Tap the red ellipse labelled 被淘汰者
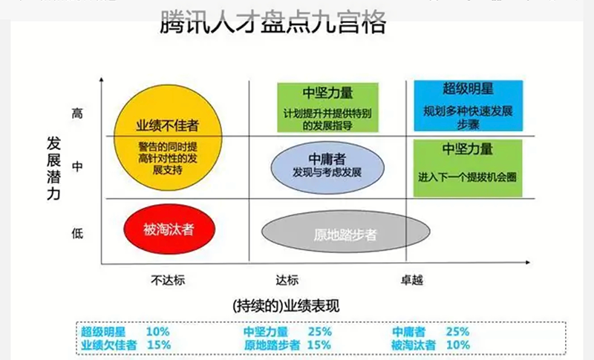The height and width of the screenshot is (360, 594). pyautogui.click(x=169, y=229)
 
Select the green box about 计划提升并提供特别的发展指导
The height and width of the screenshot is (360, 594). pyautogui.click(x=327, y=108)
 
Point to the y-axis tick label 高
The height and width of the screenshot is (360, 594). pyautogui.click(x=77, y=114)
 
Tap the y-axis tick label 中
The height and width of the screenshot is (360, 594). pyautogui.click(x=77, y=167)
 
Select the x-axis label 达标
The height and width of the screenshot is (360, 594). pyautogui.click(x=286, y=280)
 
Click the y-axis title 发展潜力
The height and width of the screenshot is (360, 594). pyautogui.click(x=53, y=168)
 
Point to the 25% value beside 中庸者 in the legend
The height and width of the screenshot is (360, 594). pyautogui.click(x=457, y=332)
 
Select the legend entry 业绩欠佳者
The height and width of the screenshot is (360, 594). pyautogui.click(x=110, y=344)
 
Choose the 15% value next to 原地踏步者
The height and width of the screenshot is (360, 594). pyautogui.click(x=319, y=344)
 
